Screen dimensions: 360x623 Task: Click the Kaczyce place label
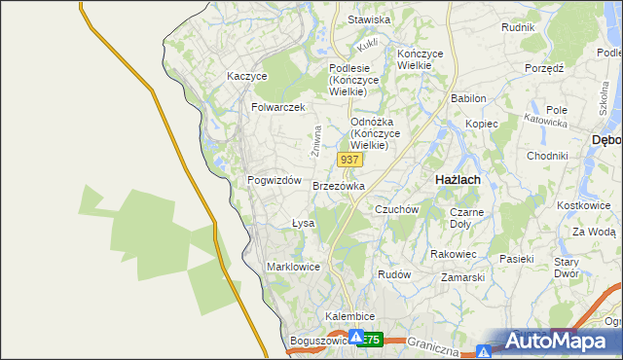click(x=246, y=75)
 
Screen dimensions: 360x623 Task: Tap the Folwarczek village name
click(x=278, y=107)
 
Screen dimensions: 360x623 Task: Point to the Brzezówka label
click(x=339, y=185)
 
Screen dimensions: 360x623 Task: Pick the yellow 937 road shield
click(x=349, y=158)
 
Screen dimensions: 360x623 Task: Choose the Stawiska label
click(x=369, y=19)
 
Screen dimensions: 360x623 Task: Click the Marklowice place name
click(x=293, y=266)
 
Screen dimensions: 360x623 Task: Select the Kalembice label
click(x=350, y=317)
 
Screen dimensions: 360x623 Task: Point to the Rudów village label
click(x=394, y=274)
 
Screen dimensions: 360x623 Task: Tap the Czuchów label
click(x=396, y=209)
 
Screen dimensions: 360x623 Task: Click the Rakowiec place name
click(x=453, y=254)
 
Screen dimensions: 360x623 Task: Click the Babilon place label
click(x=468, y=99)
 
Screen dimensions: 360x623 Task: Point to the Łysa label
click(x=303, y=223)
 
